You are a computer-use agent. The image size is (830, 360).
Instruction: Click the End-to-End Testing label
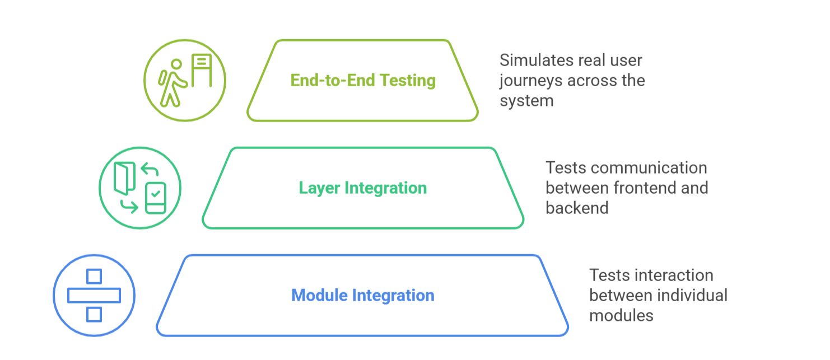click(362, 80)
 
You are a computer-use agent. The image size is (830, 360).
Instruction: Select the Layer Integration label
click(362, 188)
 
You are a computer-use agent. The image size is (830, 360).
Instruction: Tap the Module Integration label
click(362, 295)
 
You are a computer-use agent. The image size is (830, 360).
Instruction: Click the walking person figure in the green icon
click(171, 83)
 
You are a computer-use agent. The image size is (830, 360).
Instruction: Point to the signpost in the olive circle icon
click(201, 70)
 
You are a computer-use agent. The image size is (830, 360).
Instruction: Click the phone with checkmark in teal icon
click(156, 198)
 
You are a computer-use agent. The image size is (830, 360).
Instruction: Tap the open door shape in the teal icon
click(124, 179)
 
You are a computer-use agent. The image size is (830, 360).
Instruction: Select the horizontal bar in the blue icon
click(94, 295)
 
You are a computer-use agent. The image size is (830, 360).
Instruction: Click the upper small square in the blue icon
click(94, 277)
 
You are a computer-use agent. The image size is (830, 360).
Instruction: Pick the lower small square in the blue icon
click(94, 314)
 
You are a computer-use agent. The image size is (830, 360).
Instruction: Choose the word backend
click(576, 208)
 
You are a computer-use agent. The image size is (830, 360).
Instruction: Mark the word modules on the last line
click(621, 315)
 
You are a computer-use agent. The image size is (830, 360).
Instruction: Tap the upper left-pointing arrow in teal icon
click(150, 169)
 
